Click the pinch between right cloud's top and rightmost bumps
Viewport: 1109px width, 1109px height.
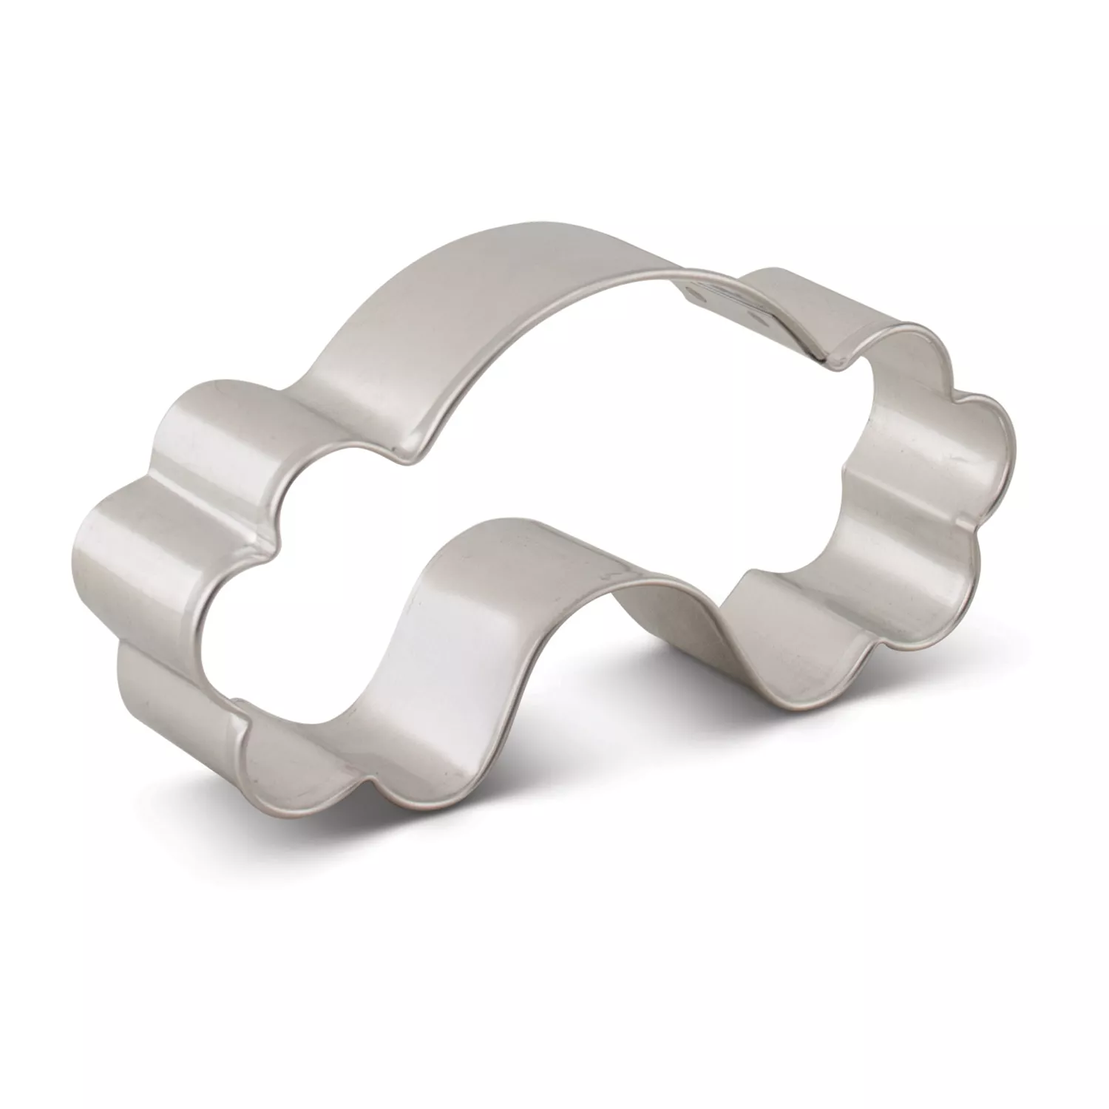tap(954, 384)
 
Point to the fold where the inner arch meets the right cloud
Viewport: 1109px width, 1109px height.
tap(747, 584)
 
